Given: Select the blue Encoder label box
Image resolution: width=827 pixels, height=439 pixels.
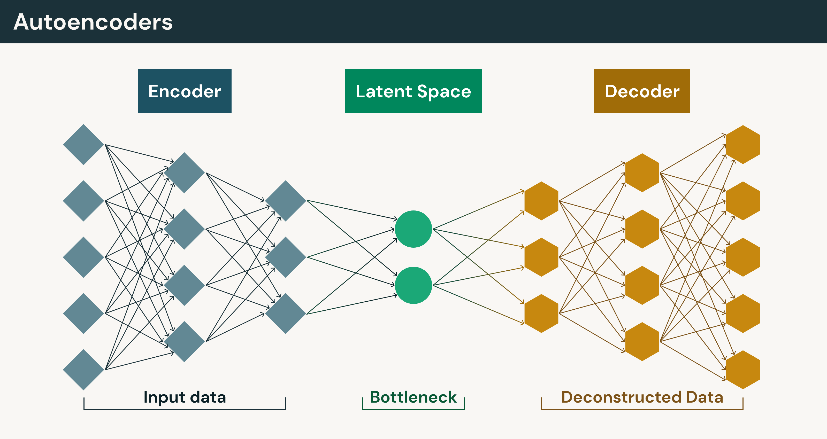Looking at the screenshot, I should [x=184, y=91].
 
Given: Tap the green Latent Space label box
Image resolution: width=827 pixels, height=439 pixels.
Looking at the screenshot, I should [x=413, y=91].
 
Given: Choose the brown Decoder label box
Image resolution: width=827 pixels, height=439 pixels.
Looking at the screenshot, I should [x=642, y=91].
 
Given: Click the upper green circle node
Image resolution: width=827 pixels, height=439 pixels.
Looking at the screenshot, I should [x=413, y=229].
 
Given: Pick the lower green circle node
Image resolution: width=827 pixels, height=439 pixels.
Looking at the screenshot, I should [x=413, y=285].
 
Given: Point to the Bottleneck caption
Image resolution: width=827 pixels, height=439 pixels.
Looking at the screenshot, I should [x=413, y=397].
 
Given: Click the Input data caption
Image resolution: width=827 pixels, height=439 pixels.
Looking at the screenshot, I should [x=185, y=397].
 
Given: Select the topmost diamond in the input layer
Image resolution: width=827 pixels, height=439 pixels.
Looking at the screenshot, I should [x=83, y=144].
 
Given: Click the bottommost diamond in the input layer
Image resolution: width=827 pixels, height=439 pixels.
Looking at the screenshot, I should [x=83, y=370].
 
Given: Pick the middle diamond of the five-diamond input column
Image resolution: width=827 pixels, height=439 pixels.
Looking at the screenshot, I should [x=83, y=257].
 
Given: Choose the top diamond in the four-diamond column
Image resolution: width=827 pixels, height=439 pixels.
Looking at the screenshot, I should [x=184, y=173].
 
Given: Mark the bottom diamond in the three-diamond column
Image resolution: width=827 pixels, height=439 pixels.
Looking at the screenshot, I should [x=285, y=313].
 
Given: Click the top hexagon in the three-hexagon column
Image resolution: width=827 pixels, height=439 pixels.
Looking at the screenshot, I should [x=541, y=201].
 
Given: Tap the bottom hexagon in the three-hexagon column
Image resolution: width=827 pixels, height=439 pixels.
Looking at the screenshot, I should [x=541, y=313].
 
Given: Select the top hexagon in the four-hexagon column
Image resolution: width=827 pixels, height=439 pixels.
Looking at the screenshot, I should [x=642, y=173].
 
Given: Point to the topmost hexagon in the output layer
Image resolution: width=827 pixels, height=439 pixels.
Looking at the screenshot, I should [x=743, y=144].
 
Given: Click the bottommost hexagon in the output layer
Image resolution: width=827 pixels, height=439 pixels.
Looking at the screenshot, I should [x=743, y=370].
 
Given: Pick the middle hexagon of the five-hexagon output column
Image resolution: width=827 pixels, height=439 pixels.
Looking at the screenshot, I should [x=743, y=257].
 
